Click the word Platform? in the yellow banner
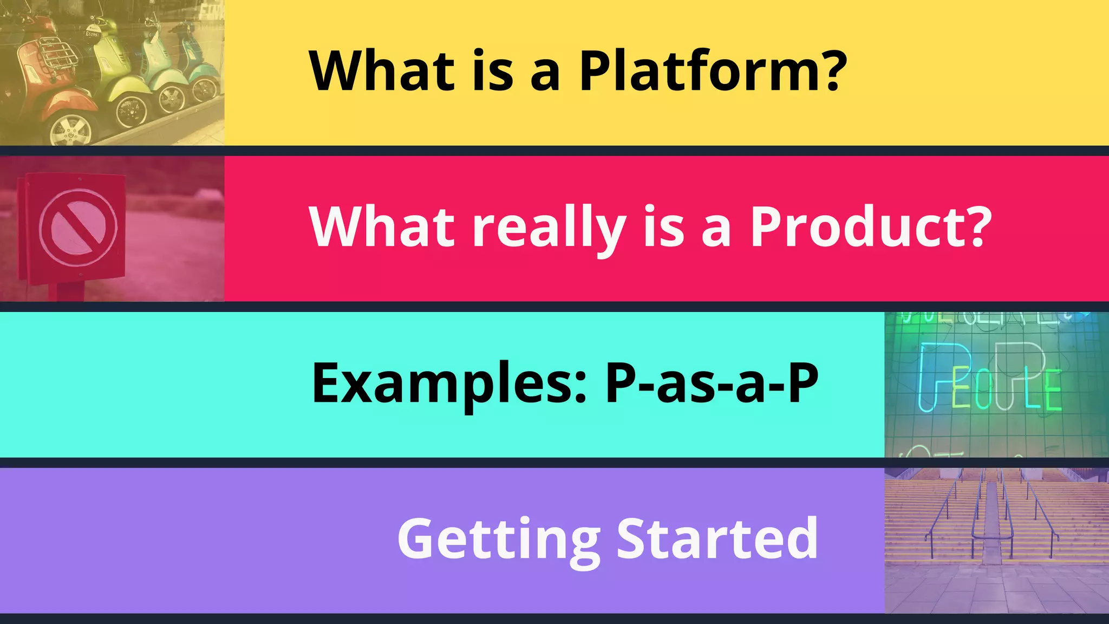pos(712,70)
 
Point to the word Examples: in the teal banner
pos(449,383)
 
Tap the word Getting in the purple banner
pos(498,539)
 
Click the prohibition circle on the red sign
pos(78,227)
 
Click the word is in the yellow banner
pos(492,70)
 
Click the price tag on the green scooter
pos(93,34)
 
